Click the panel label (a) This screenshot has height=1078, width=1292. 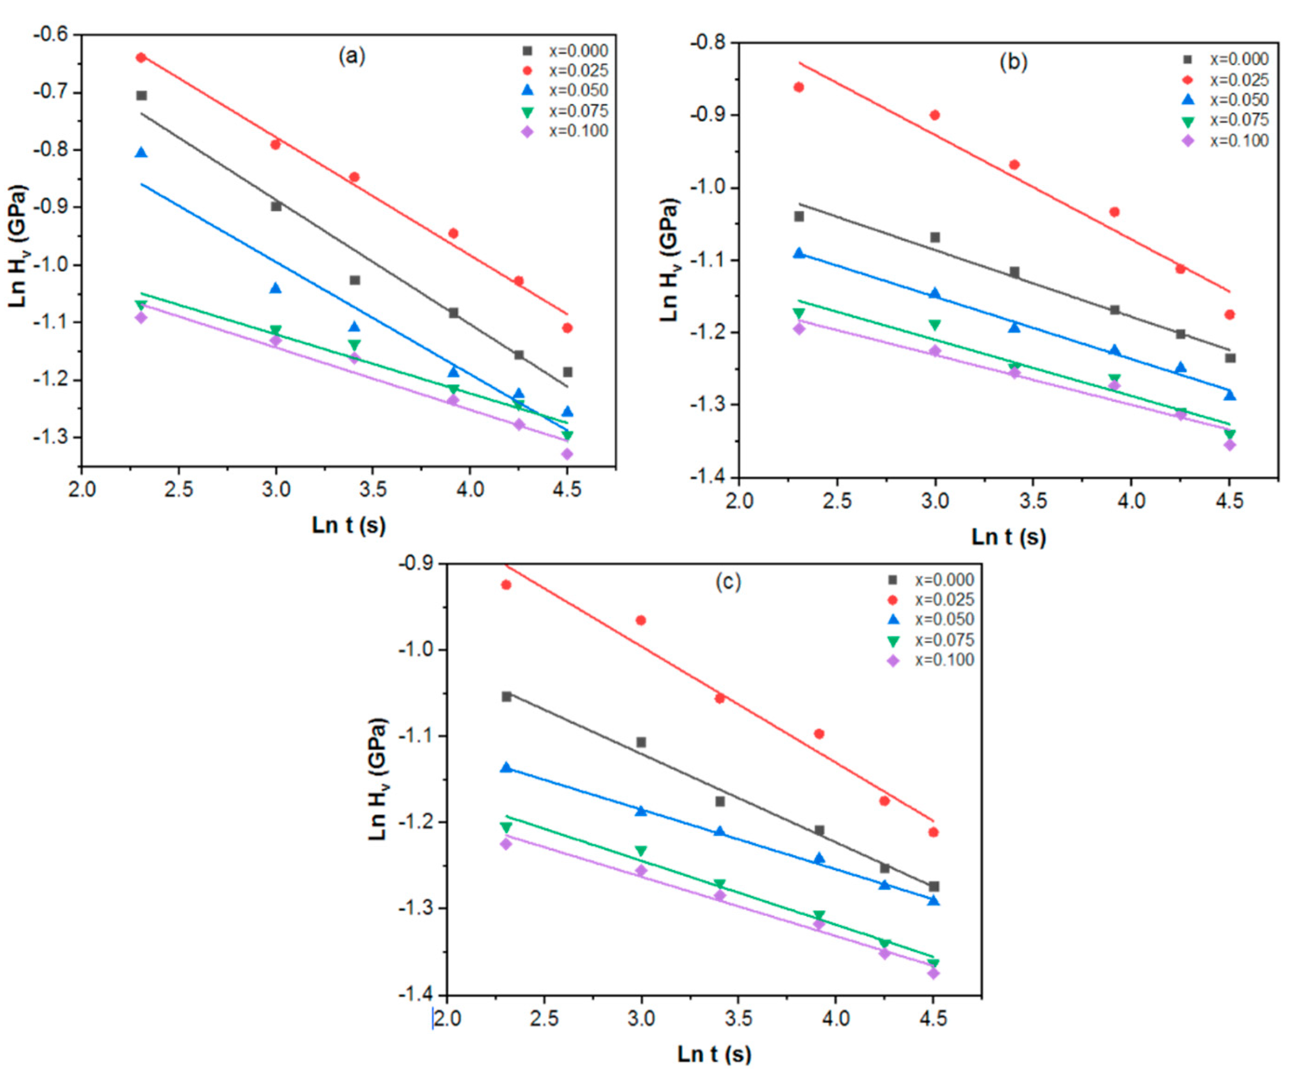352,57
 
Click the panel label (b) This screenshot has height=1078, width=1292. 1013,62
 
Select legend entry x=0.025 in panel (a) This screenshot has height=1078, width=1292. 578,70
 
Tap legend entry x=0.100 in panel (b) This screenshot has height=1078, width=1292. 1239,141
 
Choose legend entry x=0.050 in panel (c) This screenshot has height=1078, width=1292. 944,619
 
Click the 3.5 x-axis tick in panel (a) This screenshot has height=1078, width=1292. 373,490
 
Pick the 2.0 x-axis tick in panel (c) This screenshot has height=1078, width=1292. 447,1019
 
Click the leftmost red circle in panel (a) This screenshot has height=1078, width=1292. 141,57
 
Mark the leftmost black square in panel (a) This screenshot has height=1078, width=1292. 142,95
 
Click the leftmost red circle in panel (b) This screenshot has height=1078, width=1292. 799,87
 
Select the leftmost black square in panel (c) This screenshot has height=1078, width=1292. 506,696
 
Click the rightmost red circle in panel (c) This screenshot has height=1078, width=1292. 933,833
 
